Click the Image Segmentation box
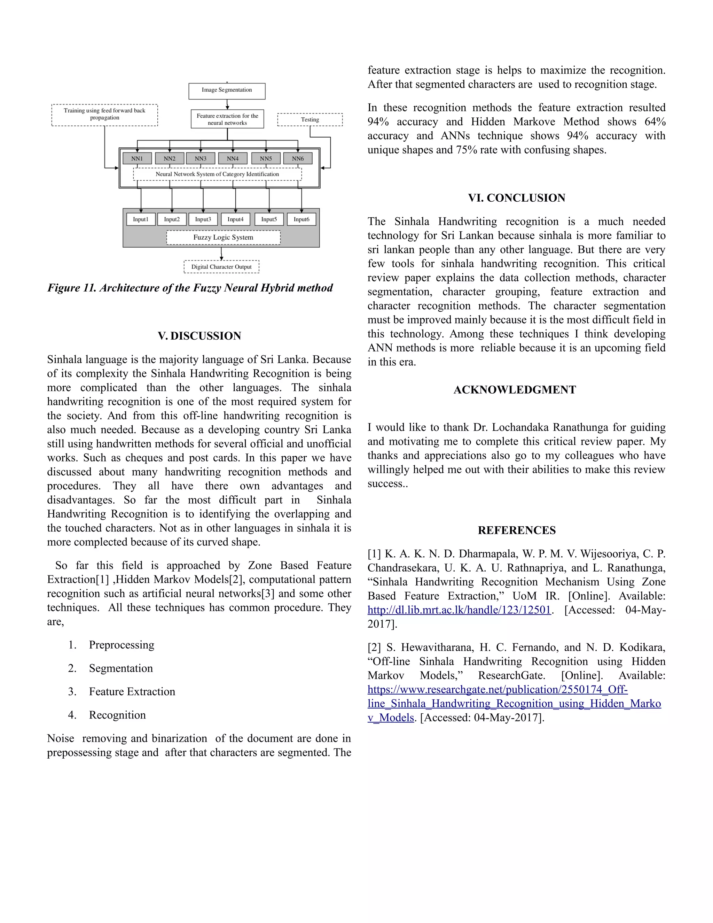[227, 91]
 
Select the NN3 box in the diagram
[201, 158]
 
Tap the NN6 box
[298, 158]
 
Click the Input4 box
[235, 219]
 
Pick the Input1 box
[141, 219]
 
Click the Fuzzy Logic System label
[223, 238]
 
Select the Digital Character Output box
[221, 267]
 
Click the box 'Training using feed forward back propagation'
[104, 115]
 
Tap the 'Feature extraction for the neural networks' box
[227, 119]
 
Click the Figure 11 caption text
[190, 288]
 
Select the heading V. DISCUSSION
[199, 336]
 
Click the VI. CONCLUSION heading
[516, 198]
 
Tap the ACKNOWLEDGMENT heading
[515, 390]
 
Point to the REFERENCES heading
[517, 530]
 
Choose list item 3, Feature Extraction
[132, 691]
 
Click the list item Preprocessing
[122, 645]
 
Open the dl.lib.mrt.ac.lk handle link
[459, 610]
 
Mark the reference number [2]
[374, 647]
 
